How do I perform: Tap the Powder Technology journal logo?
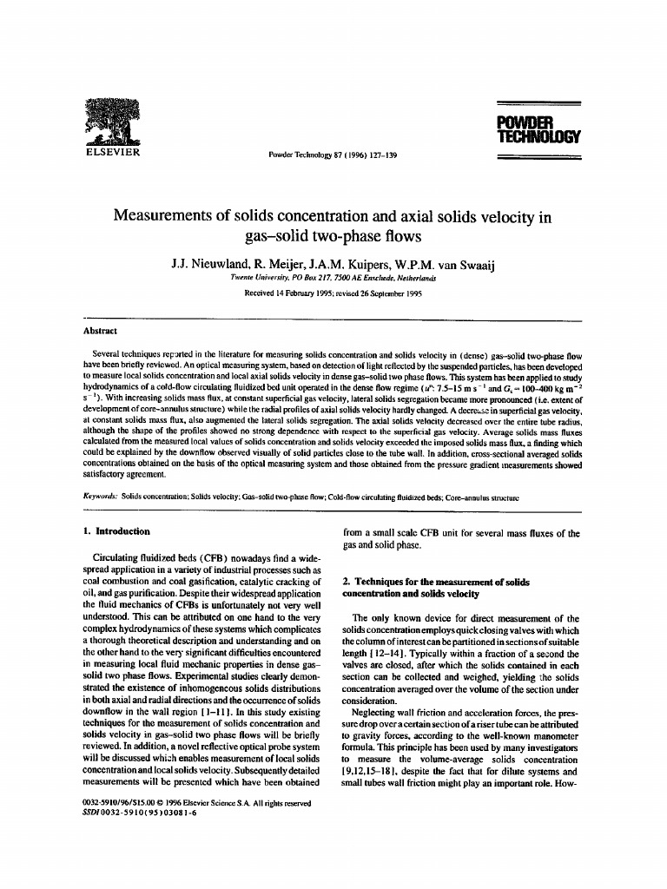(x=538, y=129)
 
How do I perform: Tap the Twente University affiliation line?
(x=333, y=278)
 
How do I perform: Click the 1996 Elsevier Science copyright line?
(x=196, y=803)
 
